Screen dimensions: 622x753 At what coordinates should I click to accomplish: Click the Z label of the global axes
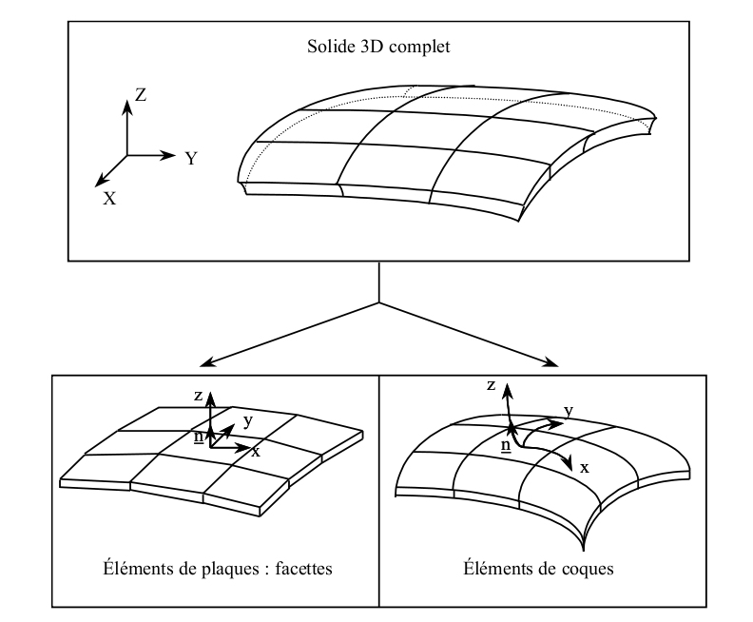tap(141, 94)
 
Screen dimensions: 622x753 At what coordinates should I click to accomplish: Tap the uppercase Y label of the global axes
tap(191, 159)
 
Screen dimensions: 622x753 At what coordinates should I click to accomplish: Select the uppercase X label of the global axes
tap(110, 198)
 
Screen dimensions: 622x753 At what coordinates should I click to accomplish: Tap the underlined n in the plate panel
tap(199, 437)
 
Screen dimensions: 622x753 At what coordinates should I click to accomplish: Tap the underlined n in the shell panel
tap(506, 444)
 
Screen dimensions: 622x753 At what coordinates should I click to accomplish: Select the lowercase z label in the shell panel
tap(491, 385)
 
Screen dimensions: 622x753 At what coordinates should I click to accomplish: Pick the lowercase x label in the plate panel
tap(256, 452)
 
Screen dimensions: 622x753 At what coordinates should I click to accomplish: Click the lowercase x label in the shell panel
tap(584, 469)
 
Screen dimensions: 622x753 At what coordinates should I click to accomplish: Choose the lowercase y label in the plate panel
tap(247, 419)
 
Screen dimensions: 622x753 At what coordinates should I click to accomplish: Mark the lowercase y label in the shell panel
tap(568, 410)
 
